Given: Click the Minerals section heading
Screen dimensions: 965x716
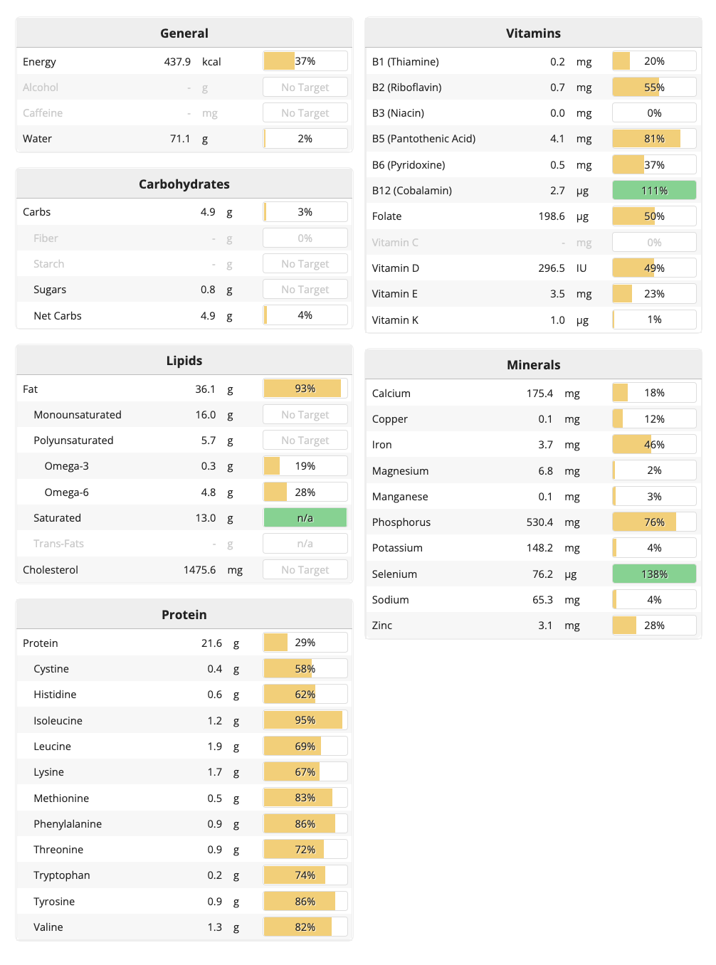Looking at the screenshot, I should pyautogui.click(x=533, y=365).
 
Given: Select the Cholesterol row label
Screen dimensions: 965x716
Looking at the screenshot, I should pyautogui.click(x=51, y=570).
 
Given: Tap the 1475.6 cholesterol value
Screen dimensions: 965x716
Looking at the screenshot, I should pyautogui.click(x=199, y=570).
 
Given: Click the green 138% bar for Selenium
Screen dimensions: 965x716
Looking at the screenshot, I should pyautogui.click(x=654, y=574).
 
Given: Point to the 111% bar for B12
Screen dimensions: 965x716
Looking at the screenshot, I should pyautogui.click(x=654, y=191).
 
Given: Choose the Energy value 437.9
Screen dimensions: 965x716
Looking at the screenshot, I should pyautogui.click(x=177, y=62).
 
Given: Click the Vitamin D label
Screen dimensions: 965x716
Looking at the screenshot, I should pyautogui.click(x=396, y=268).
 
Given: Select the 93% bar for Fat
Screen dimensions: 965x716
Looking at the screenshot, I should pyautogui.click(x=305, y=389).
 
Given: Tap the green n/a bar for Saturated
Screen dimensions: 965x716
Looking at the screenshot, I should pyautogui.click(x=305, y=518).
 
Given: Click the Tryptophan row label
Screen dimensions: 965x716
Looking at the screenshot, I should pyautogui.click(x=62, y=875).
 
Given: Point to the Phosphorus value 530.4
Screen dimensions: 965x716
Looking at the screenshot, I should pyautogui.click(x=539, y=522).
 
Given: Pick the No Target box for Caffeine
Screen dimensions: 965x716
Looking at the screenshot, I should pyautogui.click(x=305, y=113).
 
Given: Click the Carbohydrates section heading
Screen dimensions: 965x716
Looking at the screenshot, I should pyautogui.click(x=184, y=184).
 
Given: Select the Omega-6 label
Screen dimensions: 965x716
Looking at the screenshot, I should pyautogui.click(x=67, y=492).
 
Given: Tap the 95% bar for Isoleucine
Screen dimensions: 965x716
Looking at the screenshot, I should pyautogui.click(x=305, y=720).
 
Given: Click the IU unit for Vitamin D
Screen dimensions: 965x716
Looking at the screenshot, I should pyautogui.click(x=581, y=268).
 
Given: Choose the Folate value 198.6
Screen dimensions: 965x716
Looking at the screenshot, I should pyautogui.click(x=552, y=216).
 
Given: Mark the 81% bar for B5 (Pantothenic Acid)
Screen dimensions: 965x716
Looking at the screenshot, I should pyautogui.click(x=654, y=139).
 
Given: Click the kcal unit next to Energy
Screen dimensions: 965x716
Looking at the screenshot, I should pyautogui.click(x=211, y=62).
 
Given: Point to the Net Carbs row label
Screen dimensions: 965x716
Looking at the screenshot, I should pyautogui.click(x=58, y=316).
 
